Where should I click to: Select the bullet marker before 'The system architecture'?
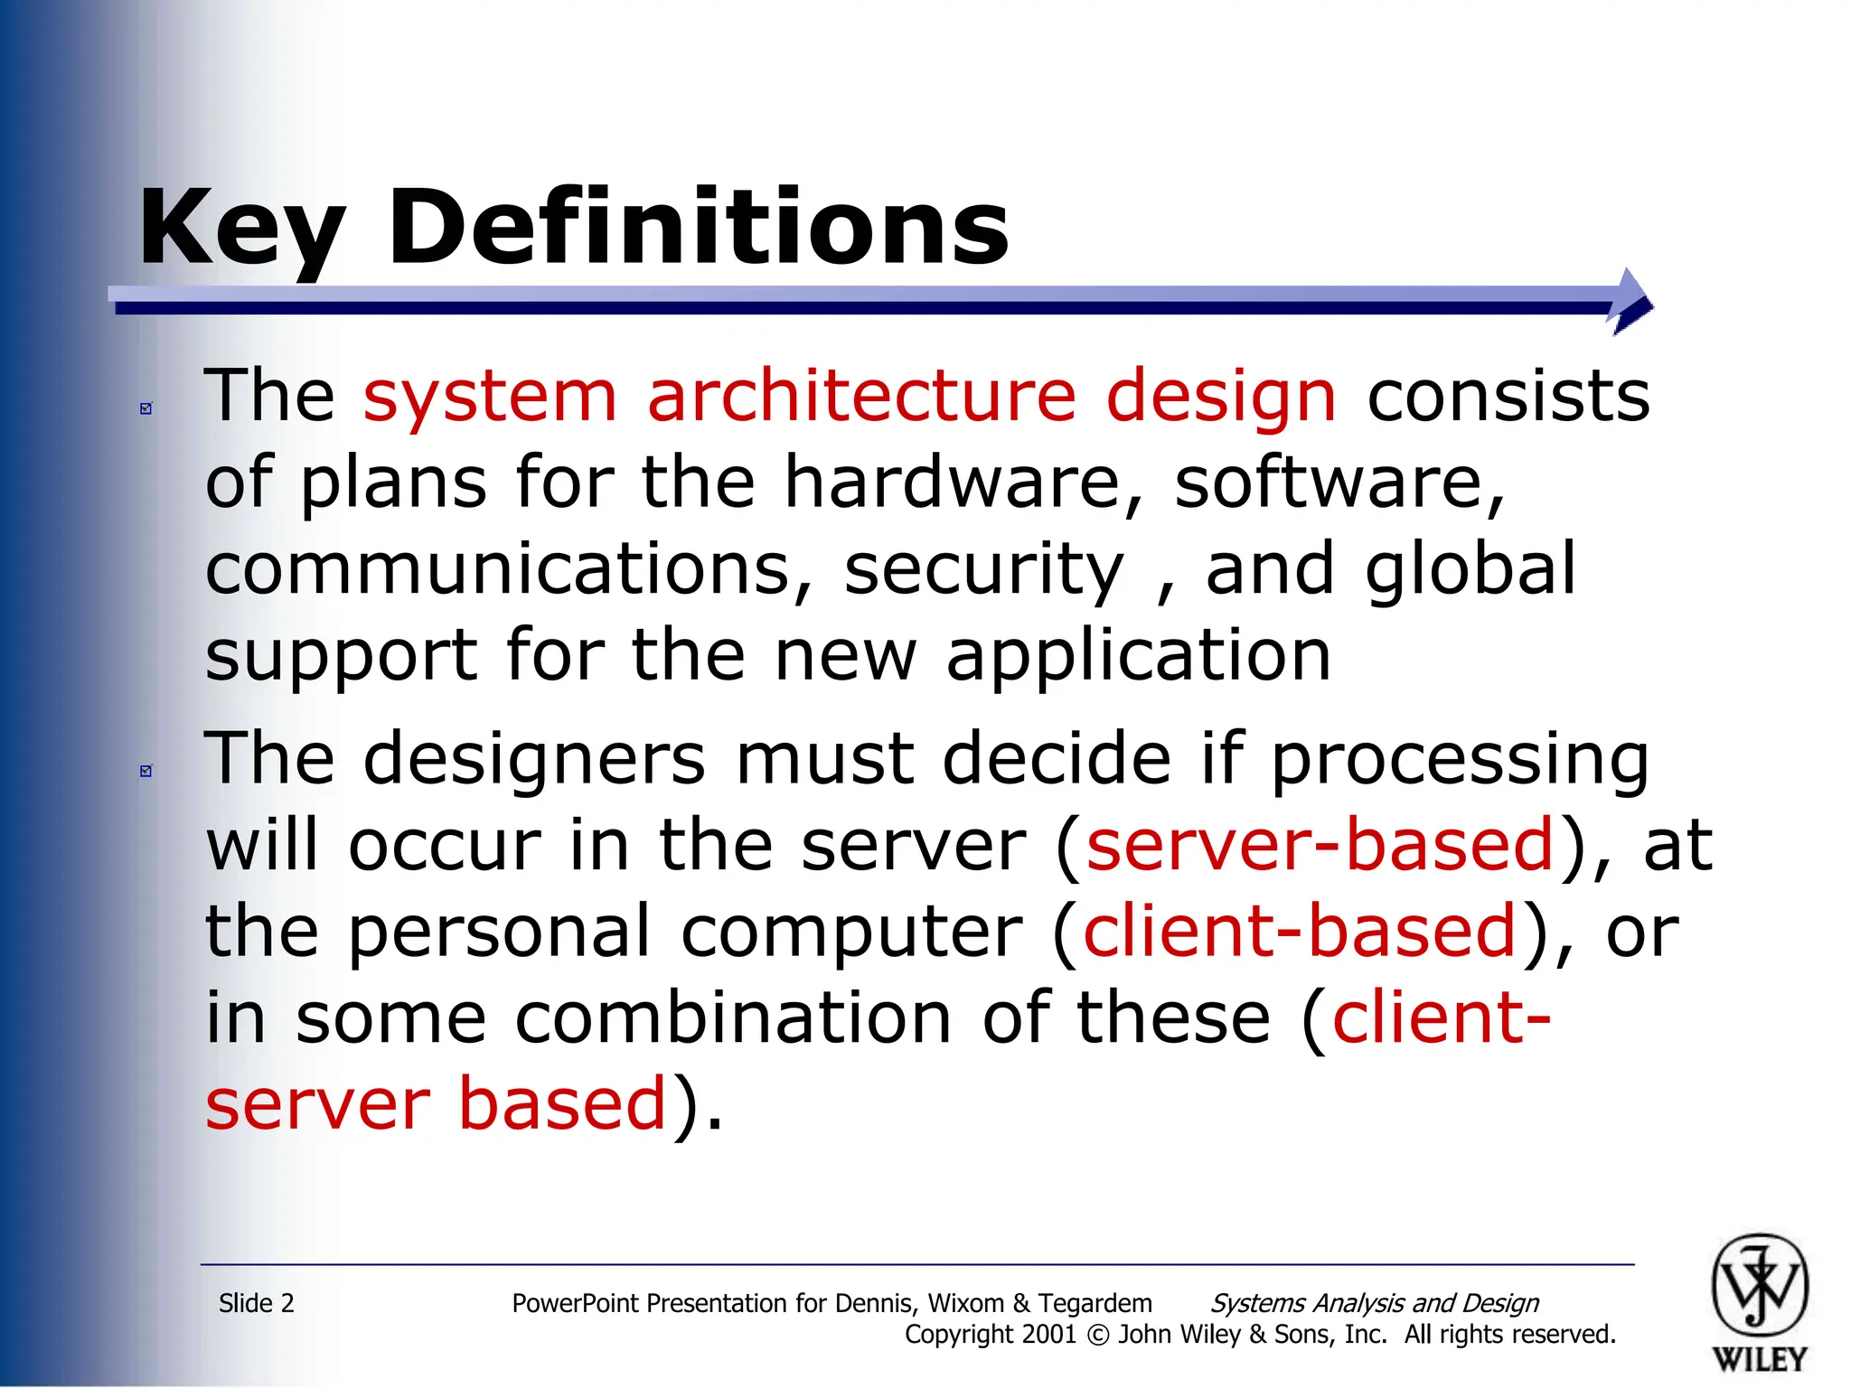146,408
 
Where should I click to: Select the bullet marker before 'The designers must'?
146,771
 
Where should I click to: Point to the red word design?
1220,398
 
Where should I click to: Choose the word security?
984,570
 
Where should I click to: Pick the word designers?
534,758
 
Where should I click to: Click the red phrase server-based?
1320,845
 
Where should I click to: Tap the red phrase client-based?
1299,931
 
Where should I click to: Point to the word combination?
733,1018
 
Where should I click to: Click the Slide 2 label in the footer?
257,1303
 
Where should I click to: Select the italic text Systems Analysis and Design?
1374,1303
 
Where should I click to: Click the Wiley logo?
1759,1301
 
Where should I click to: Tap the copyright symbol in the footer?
1097,1335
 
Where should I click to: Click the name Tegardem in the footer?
1095,1303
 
